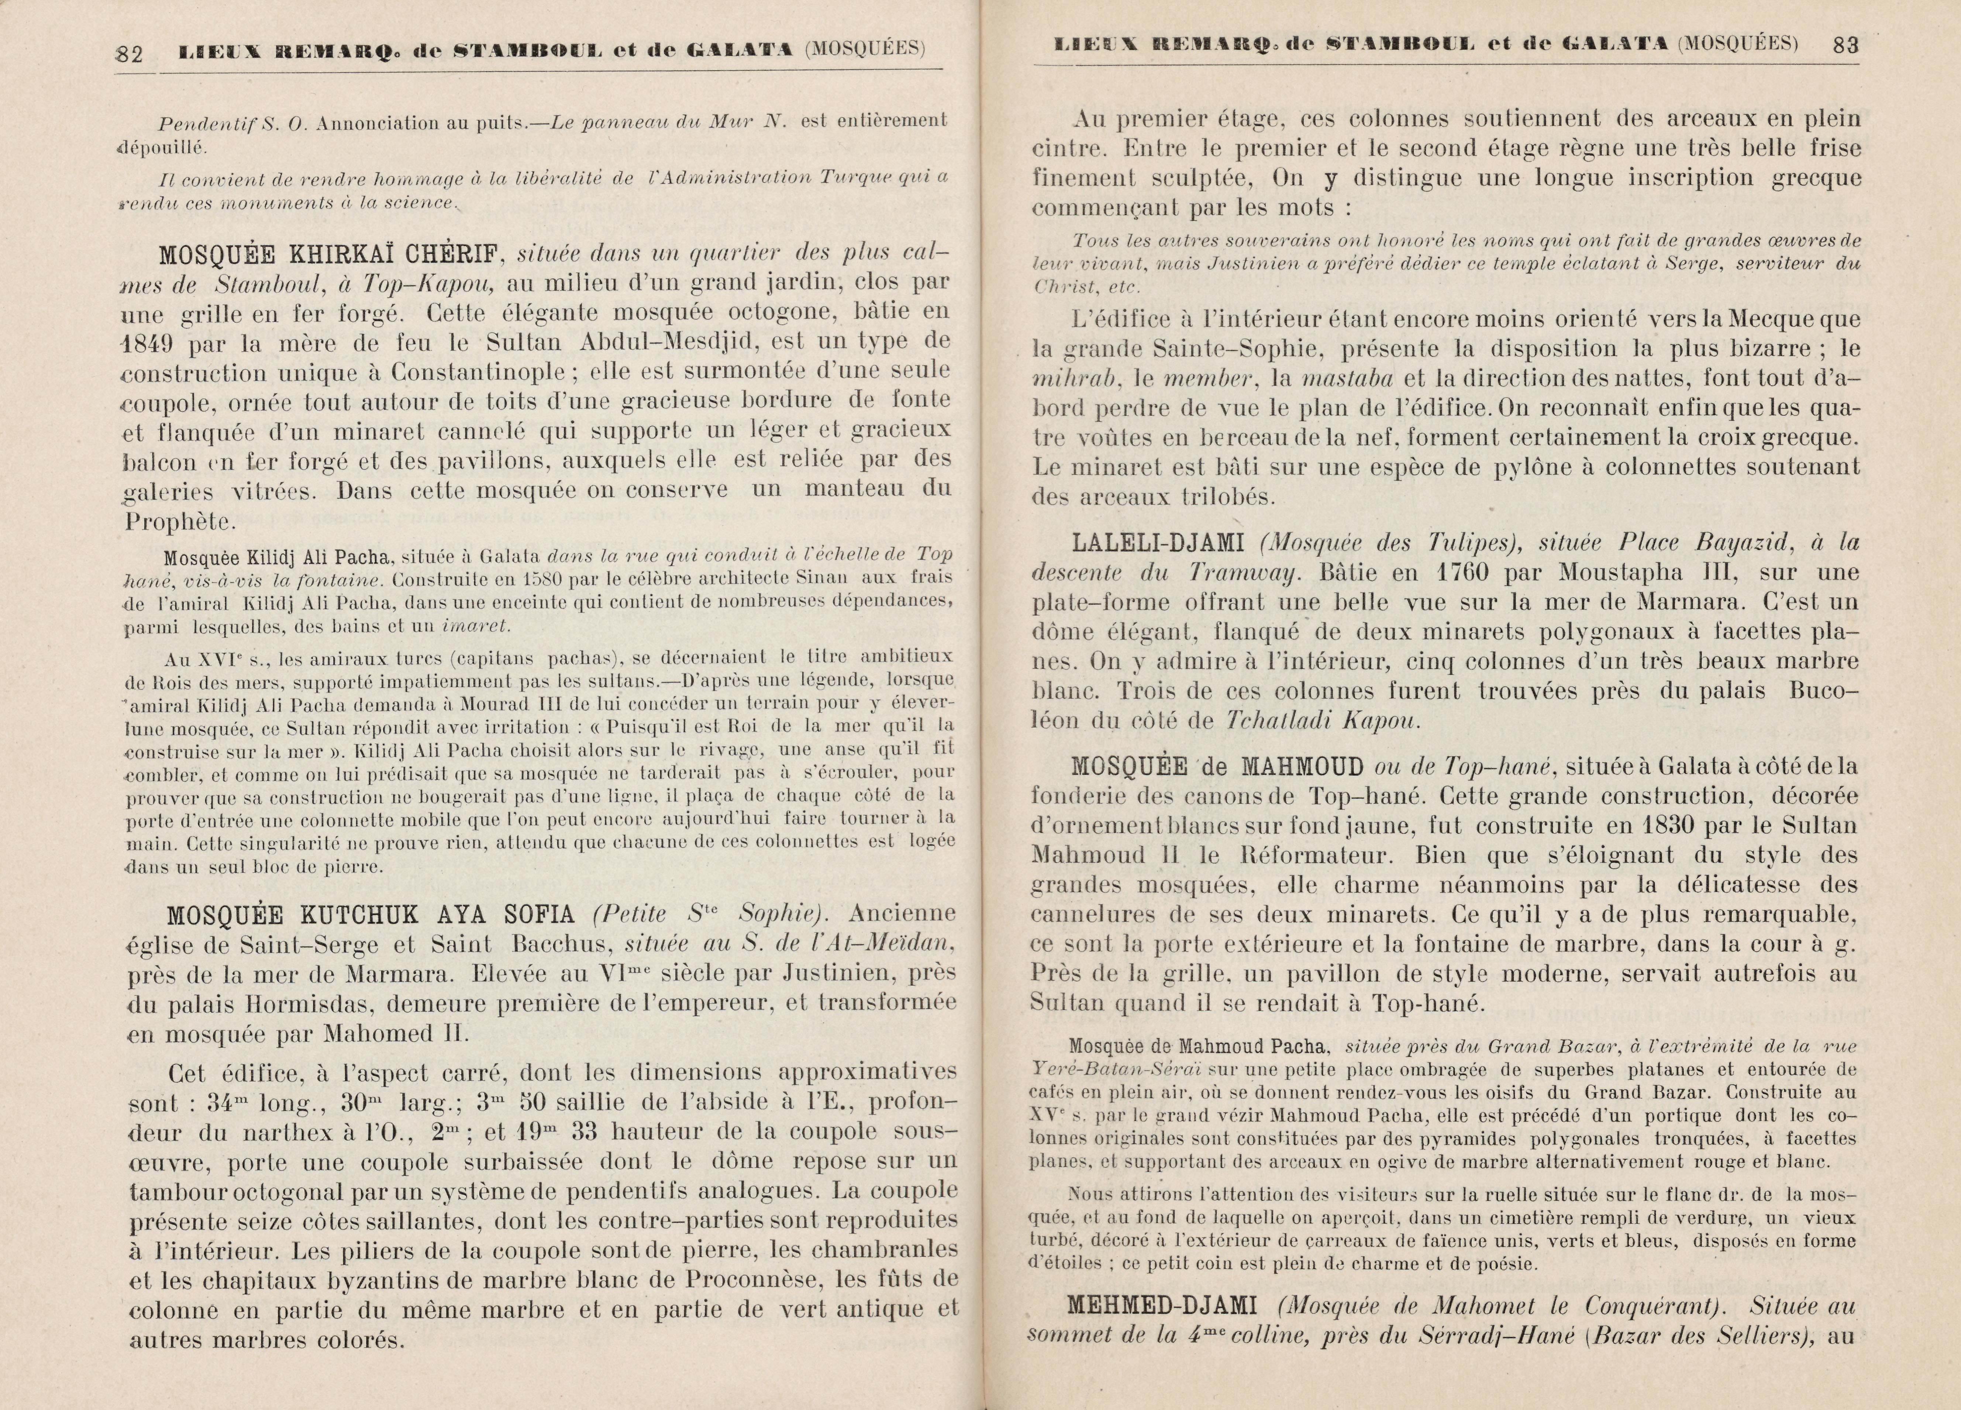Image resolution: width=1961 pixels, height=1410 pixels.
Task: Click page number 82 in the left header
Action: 130,53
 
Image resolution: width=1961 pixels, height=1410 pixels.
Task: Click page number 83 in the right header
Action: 1845,45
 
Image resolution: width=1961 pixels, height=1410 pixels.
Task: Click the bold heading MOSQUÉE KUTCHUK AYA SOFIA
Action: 371,915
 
